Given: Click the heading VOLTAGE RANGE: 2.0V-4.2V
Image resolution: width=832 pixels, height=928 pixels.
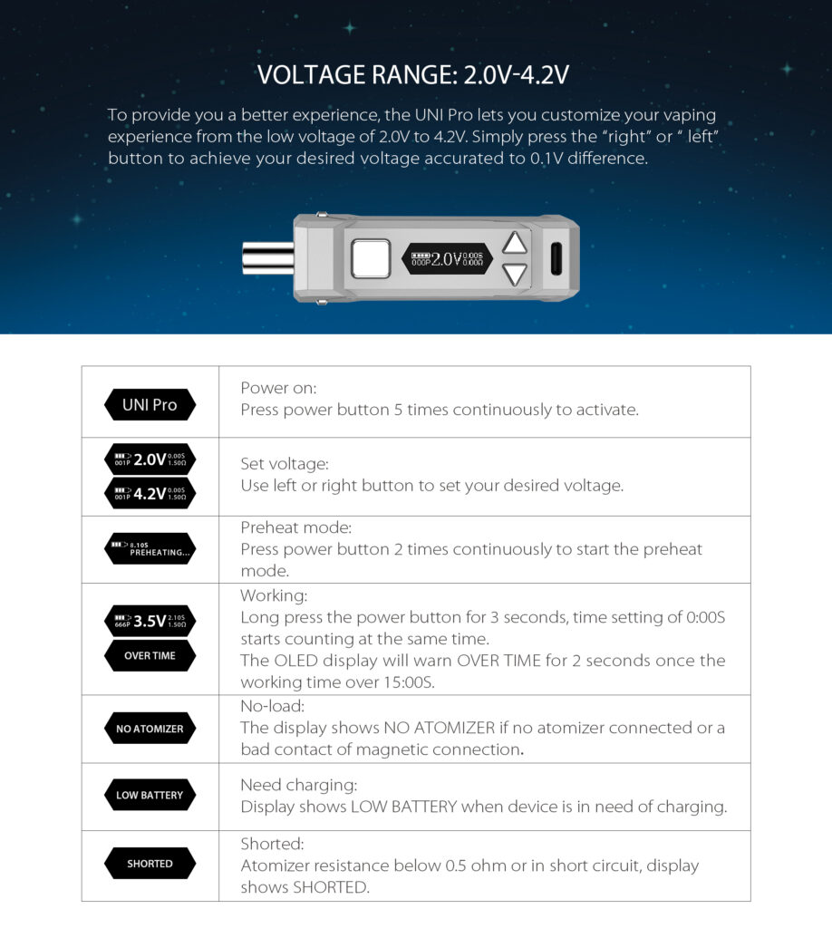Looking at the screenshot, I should point(413,74).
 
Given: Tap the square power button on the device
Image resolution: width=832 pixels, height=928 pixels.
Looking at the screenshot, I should point(370,259).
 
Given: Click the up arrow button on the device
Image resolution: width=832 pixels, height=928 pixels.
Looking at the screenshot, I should point(514,244).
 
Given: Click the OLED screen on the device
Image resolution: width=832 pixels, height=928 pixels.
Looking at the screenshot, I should point(448,259).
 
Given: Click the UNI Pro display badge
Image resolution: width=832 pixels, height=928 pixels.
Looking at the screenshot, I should point(150,404).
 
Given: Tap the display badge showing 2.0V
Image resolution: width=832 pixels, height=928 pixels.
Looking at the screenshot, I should point(150,459).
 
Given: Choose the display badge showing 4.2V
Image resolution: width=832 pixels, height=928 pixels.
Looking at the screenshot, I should point(150,494).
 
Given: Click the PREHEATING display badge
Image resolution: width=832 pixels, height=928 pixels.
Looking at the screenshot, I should point(150,549).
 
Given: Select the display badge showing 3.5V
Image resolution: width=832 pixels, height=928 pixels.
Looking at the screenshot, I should point(150,621).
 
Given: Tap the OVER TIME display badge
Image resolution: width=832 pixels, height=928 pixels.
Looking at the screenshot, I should point(150,655).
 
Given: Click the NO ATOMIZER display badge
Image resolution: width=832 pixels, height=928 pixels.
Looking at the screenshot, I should point(150,729).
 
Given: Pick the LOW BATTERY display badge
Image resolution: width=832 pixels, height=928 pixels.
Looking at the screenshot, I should point(150,796).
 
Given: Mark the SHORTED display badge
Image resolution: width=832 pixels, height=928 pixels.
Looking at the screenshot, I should point(150,864).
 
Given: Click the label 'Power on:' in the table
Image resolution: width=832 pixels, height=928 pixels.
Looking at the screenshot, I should point(278,388).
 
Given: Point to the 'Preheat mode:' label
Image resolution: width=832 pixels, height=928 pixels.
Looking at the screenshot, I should point(295,527).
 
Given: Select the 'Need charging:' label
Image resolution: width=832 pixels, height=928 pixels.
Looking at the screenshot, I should point(298,785).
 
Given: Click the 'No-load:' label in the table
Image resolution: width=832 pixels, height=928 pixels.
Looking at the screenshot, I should point(272,705).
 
